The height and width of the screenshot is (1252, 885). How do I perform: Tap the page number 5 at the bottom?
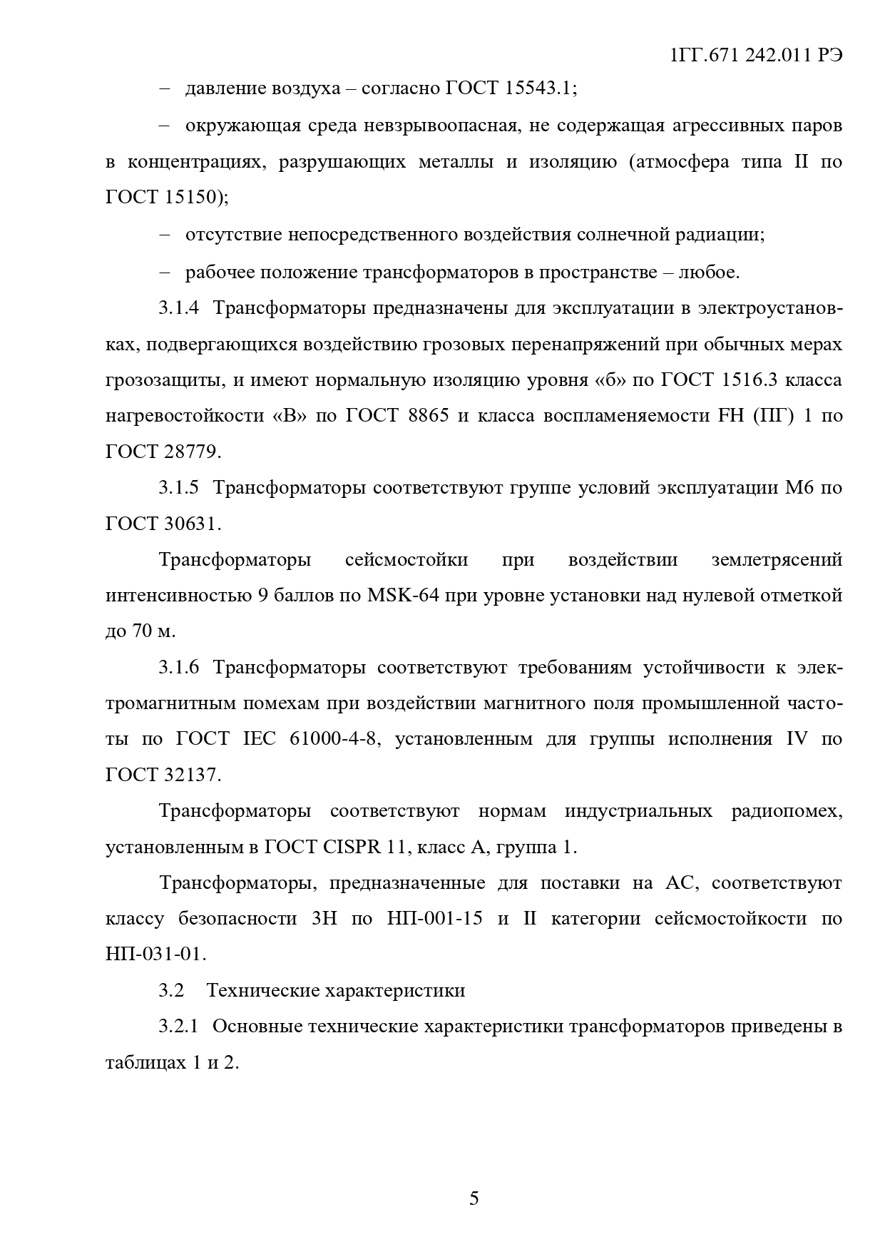pos(474,1198)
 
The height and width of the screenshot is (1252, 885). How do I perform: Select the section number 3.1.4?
pos(178,308)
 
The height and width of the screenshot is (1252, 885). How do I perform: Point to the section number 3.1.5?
pos(178,488)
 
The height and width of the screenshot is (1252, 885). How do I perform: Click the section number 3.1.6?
pos(178,668)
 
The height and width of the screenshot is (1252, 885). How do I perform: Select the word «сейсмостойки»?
pos(406,559)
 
